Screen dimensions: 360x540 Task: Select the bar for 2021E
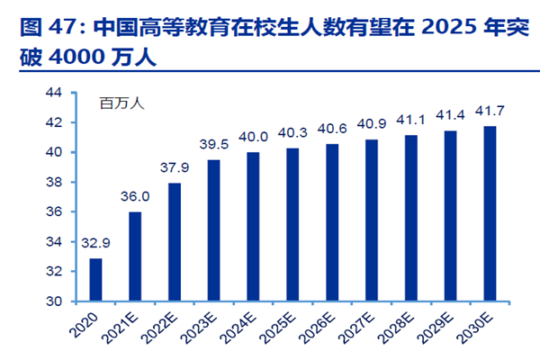[135, 256]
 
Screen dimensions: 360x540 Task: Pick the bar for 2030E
[490, 213]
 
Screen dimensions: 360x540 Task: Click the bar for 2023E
[213, 229]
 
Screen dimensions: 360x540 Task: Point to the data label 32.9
[95, 243]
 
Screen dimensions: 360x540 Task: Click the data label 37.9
[174, 167]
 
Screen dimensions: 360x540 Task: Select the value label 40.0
[253, 137]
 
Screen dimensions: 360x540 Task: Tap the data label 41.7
[490, 111]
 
